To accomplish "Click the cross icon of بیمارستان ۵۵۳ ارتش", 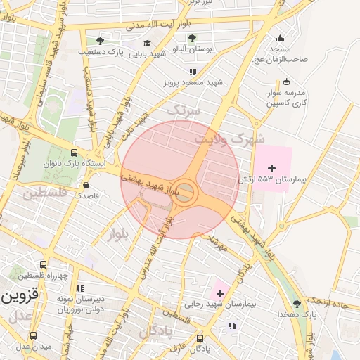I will (x=272, y=167).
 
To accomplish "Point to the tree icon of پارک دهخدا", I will (x=296, y=304).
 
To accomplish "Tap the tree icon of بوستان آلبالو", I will (x=193, y=38).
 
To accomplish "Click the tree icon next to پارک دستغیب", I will (x=100, y=40).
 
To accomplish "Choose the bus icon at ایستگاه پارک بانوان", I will (x=75, y=153).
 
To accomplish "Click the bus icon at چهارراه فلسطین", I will (x=44, y=265).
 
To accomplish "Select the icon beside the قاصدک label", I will (x=86, y=186).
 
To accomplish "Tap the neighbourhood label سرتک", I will (x=184, y=110).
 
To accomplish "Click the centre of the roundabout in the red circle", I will (x=184, y=193).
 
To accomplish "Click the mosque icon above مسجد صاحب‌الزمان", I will (x=281, y=39).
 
